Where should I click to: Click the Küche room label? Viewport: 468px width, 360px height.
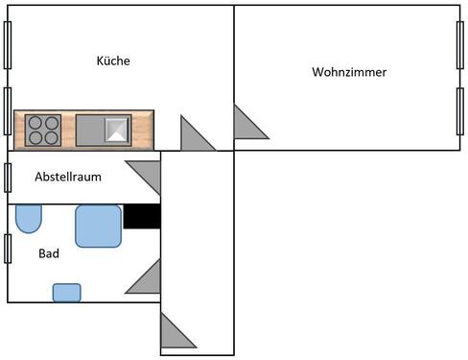pyautogui.click(x=113, y=60)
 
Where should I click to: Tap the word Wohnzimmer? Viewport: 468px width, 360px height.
pyautogui.click(x=349, y=72)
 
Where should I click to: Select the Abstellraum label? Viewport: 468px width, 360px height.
pyautogui.click(x=68, y=177)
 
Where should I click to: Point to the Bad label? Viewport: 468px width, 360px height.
pyautogui.click(x=49, y=254)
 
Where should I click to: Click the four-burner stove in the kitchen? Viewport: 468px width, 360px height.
pyautogui.click(x=43, y=129)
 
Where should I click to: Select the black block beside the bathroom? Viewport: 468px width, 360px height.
pyautogui.click(x=142, y=216)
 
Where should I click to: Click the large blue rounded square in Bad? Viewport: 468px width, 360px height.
pyautogui.click(x=99, y=226)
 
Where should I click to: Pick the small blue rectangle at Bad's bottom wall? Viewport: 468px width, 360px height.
pyautogui.click(x=66, y=292)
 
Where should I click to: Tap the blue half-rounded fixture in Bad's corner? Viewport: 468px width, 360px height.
pyautogui.click(x=29, y=218)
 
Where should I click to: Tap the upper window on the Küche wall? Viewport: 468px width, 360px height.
pyautogui.click(x=8, y=44)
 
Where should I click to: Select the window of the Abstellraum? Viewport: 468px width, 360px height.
pyautogui.click(x=8, y=178)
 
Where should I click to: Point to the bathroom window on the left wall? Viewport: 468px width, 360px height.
pyautogui.click(x=8, y=248)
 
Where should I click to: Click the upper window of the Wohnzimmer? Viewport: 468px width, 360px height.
pyautogui.click(x=460, y=44)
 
